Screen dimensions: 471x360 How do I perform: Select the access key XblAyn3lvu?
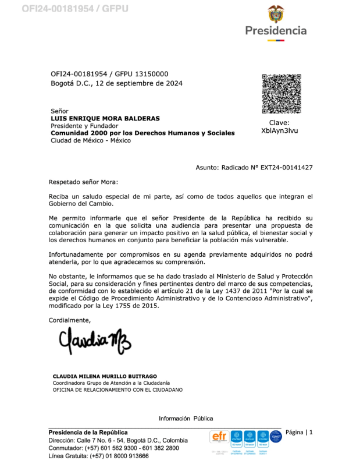[280, 131]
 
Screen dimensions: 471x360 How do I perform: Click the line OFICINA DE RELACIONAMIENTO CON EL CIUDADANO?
[117, 389]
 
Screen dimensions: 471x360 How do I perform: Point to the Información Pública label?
[186, 418]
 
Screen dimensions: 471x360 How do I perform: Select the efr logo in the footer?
[219, 436]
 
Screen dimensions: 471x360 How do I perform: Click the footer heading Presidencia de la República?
[88, 433]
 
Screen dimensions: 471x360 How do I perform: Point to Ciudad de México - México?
[91, 140]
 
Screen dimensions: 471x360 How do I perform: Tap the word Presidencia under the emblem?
[276, 31]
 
